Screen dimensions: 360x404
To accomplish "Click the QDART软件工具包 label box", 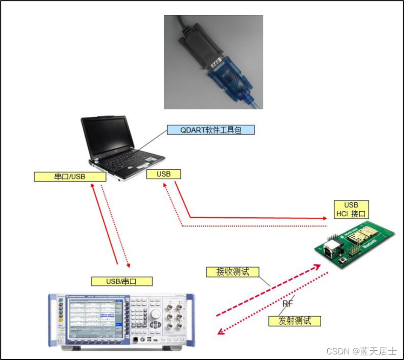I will click(x=211, y=130).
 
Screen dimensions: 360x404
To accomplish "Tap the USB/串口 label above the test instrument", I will click(x=122, y=281).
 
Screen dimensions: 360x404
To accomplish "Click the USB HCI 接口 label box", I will click(x=351, y=210).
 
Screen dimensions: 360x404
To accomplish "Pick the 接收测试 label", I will click(x=232, y=272).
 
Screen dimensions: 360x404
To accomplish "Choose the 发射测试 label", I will click(x=294, y=320).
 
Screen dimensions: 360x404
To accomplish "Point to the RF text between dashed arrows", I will click(x=288, y=304).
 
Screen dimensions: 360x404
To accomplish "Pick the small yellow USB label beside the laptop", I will click(x=164, y=174).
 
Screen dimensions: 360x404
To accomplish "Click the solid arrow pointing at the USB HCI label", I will click(x=256, y=217).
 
